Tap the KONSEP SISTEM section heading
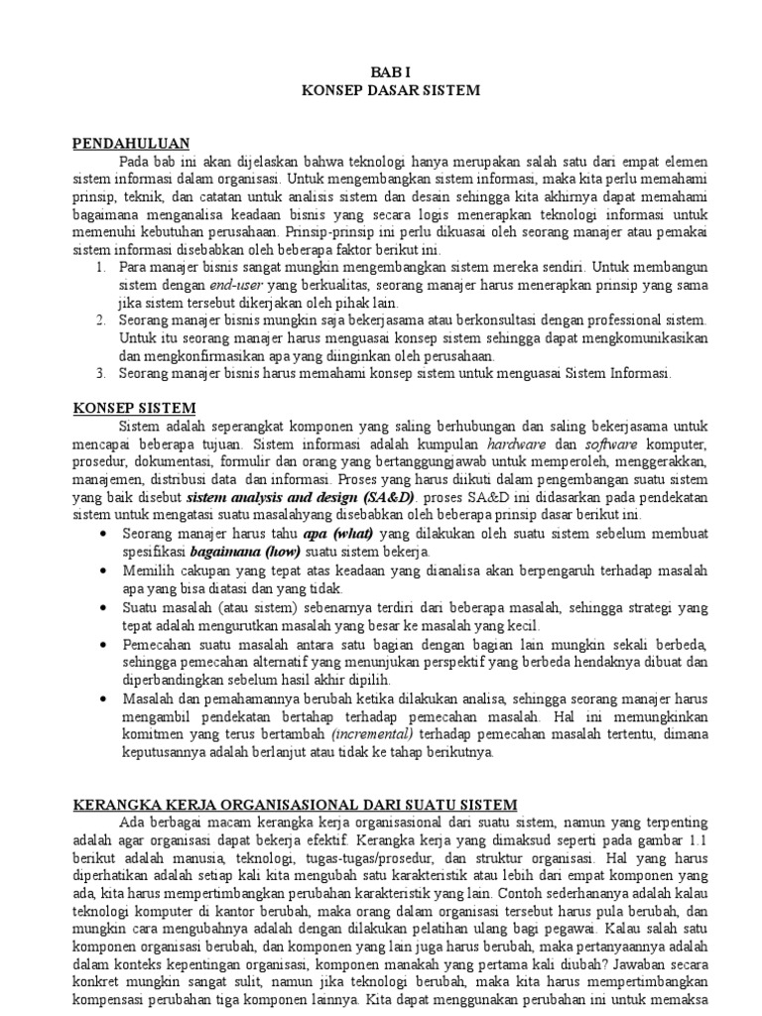point(135,409)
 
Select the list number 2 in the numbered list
point(100,320)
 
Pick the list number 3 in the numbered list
point(100,374)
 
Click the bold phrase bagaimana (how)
point(246,552)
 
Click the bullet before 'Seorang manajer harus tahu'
point(106,534)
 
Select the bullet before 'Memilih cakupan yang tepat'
point(106,572)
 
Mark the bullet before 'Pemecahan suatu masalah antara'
point(106,644)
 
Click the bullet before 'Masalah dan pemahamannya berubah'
point(106,698)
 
